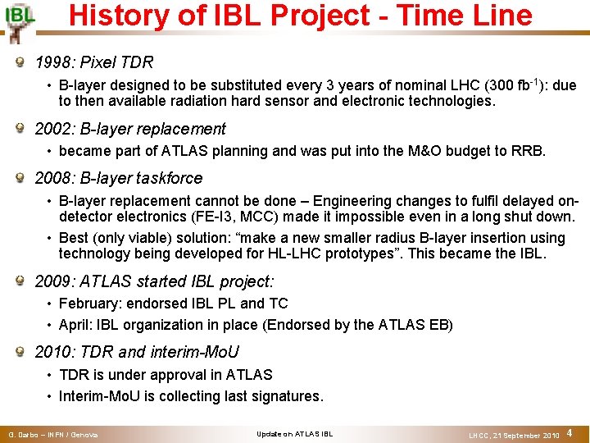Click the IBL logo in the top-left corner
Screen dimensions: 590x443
(19, 23)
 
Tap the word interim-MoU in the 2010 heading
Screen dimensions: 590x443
(194, 352)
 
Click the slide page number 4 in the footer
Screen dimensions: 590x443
(570, 432)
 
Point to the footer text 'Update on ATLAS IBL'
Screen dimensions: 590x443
(295, 434)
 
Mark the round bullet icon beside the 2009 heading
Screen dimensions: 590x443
(20, 280)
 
